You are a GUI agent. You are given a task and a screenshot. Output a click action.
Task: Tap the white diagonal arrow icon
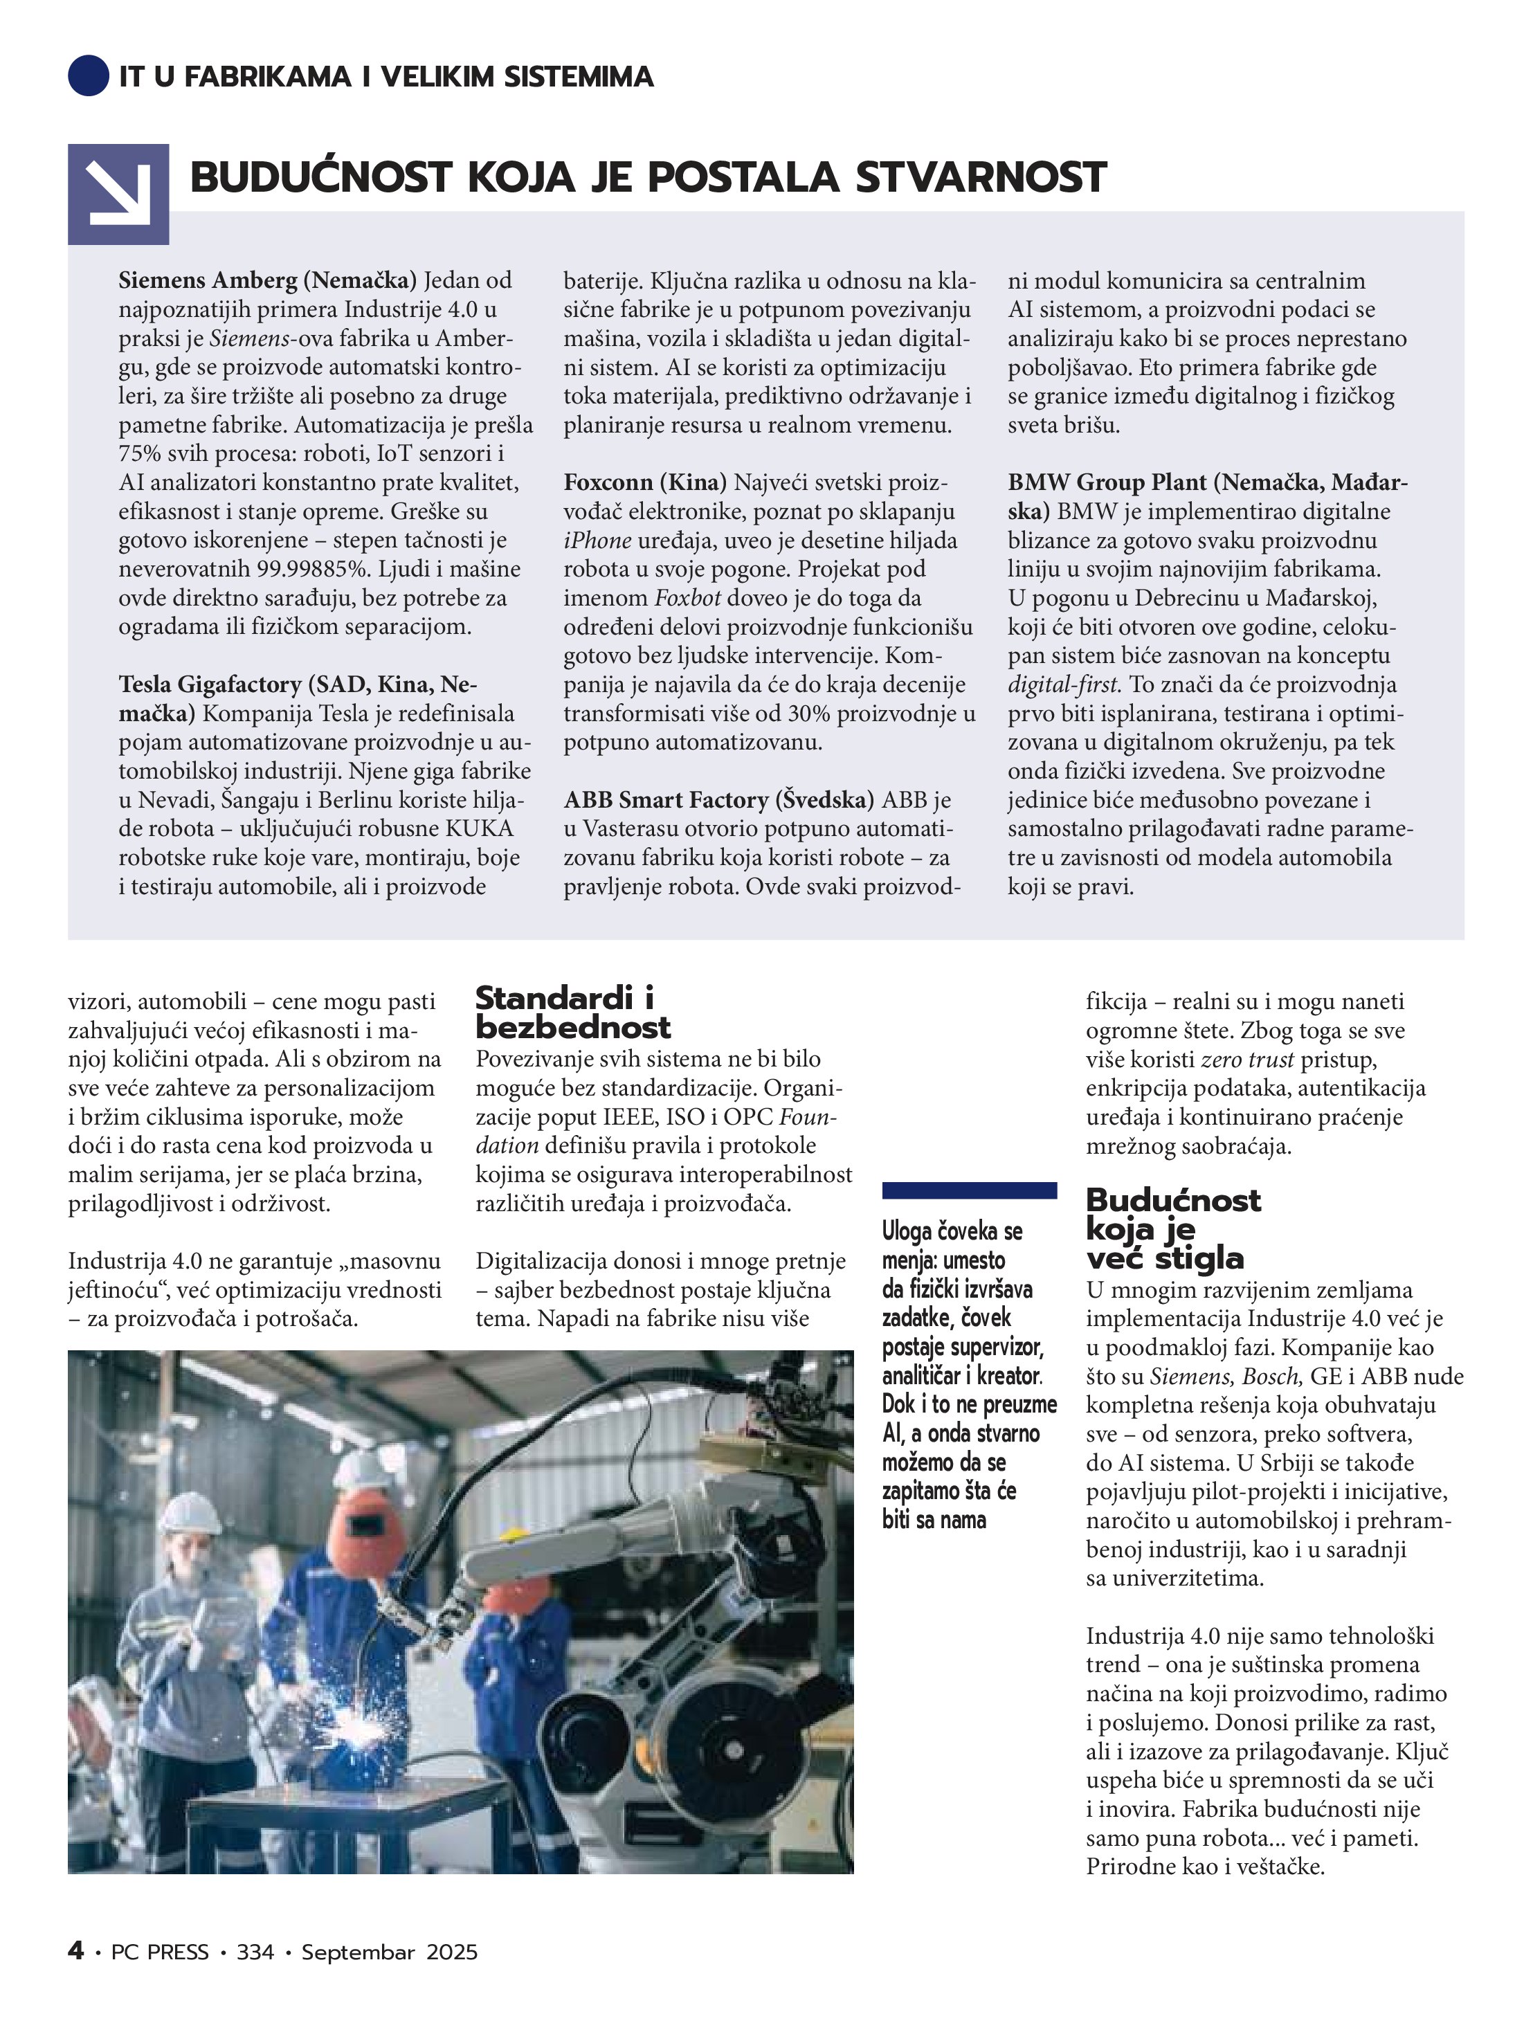click(x=119, y=194)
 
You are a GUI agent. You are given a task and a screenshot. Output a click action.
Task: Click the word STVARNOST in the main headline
click(x=981, y=177)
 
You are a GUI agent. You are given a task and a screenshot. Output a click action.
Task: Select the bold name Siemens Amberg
click(x=208, y=280)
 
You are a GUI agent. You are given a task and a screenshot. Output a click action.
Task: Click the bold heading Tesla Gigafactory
click(x=212, y=684)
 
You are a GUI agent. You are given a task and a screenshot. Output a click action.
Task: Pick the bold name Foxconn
click(x=608, y=482)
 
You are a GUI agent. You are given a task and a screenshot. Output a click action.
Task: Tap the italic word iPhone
click(x=597, y=541)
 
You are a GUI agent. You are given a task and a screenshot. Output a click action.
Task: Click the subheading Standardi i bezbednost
click(x=572, y=1013)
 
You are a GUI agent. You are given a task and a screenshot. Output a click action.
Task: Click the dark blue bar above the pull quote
click(x=969, y=1190)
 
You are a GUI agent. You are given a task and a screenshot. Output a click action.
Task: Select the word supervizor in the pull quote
click(x=997, y=1347)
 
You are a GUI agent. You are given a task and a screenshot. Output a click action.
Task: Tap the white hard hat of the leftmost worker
click(x=190, y=1513)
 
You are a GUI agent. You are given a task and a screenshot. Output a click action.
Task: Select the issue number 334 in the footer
click(x=255, y=1952)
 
